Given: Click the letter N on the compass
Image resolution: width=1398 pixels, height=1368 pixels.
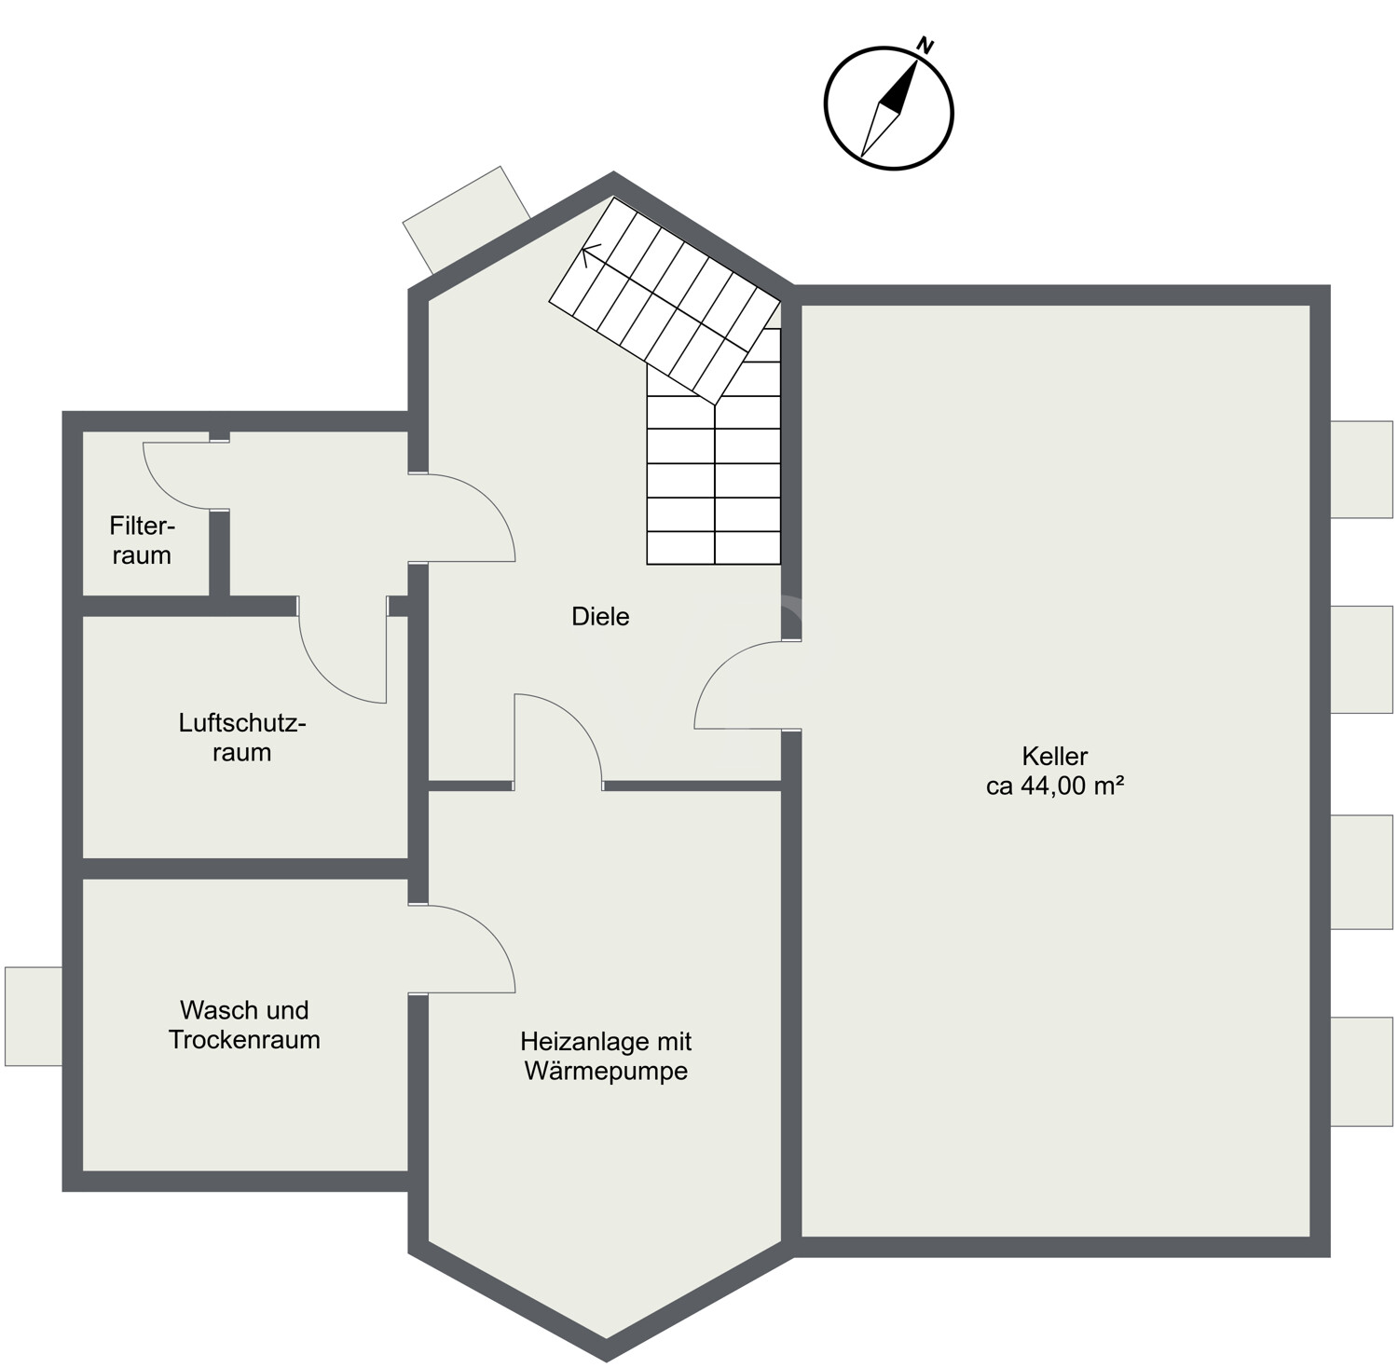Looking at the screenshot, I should (925, 44).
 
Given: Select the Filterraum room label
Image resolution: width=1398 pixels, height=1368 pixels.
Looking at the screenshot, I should (142, 540).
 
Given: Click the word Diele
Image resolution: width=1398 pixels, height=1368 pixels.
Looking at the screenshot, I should (600, 616).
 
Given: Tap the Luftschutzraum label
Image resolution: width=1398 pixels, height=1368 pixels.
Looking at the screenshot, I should (242, 737).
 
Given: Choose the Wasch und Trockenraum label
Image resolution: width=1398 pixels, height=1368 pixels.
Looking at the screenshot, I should (244, 1024).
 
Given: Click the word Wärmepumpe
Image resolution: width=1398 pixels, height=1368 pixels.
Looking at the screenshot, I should (606, 1071).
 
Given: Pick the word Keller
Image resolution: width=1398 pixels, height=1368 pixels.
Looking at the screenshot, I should (1054, 756).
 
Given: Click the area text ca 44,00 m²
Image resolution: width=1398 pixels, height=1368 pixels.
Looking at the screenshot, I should (1054, 786).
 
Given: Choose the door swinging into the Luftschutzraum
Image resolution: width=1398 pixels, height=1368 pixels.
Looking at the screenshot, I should (343, 652).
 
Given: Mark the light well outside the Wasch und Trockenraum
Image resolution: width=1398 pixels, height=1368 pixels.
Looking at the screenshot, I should (34, 1016).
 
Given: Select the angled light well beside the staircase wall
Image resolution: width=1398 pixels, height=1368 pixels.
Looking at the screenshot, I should (466, 220).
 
